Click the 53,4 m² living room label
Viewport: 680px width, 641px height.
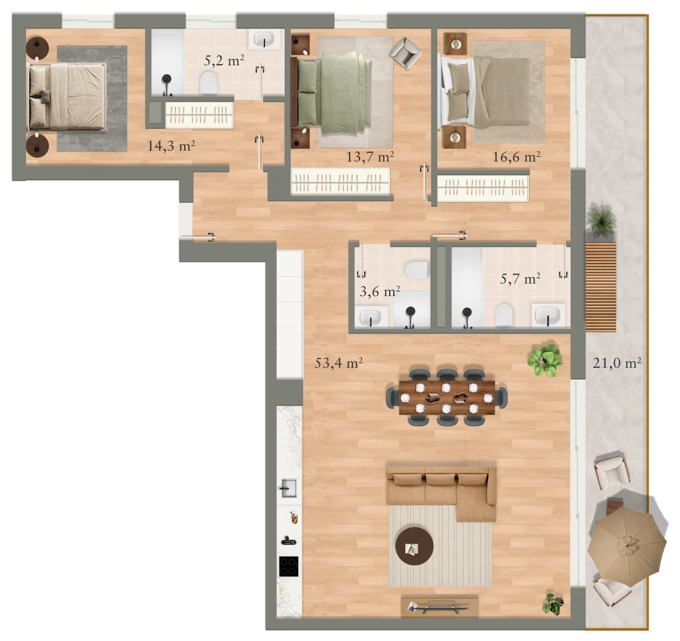point(338,363)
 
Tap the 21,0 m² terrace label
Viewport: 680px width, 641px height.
point(616,363)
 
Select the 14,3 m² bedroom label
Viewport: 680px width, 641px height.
point(171,146)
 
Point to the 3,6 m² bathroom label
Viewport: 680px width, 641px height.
point(379,291)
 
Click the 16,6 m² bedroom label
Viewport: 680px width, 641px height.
point(516,156)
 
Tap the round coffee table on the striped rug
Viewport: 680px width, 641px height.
point(414,546)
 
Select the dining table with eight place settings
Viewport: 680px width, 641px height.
point(446,397)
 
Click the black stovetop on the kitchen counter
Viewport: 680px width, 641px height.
point(288,567)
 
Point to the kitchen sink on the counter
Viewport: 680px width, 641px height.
point(288,488)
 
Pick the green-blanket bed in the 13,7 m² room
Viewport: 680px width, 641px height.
point(334,93)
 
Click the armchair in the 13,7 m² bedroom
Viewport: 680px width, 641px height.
point(405,53)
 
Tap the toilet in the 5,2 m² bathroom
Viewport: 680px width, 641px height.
point(208,83)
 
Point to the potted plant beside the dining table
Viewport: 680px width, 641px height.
point(545,360)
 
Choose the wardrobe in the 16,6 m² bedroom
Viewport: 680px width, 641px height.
point(483,188)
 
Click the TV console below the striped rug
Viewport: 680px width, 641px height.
point(440,607)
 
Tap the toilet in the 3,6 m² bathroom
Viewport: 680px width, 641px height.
point(417,270)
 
